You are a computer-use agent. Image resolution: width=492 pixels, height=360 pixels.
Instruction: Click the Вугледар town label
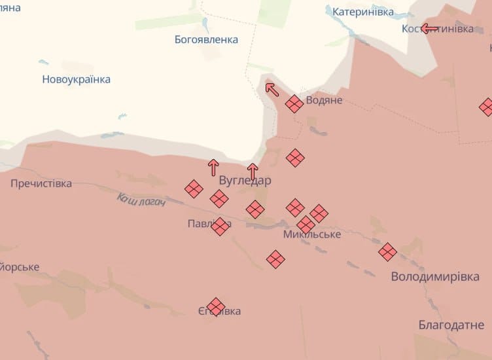(245, 180)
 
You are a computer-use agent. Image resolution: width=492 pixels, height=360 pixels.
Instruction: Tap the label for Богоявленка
(206, 39)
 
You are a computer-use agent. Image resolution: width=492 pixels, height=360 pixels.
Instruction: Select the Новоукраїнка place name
(76, 79)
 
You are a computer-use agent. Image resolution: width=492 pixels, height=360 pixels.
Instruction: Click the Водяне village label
(324, 100)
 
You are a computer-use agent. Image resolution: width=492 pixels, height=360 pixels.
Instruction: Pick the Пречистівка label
(41, 183)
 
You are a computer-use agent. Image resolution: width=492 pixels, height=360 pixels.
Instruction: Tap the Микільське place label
(312, 234)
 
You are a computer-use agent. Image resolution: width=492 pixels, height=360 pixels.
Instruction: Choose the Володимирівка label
(435, 276)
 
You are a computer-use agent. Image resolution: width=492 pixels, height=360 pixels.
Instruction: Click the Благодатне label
(451, 325)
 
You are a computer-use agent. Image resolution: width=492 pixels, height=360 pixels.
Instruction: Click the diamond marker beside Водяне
(294, 103)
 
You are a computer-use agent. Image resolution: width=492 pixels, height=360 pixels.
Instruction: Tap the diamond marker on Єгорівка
(216, 306)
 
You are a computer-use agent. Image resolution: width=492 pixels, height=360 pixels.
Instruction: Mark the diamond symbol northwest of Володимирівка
(387, 251)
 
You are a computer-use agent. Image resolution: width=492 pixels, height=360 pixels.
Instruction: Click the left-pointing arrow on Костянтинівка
(429, 28)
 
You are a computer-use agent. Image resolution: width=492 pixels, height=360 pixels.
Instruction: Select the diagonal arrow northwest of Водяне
(272, 88)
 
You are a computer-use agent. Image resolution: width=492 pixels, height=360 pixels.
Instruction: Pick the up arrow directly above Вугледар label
(253, 171)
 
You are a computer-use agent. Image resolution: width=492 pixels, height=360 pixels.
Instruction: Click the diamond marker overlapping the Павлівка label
(220, 226)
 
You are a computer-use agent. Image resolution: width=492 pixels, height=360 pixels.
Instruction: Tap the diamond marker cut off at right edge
(487, 107)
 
